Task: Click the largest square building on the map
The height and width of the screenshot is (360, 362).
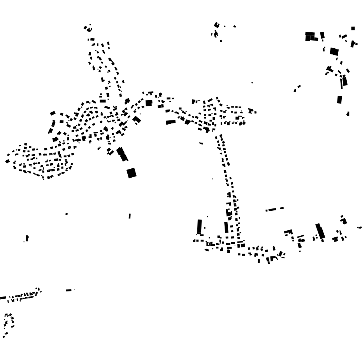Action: pyautogui.click(x=132, y=173)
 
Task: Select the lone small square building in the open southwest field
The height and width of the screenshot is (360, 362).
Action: pyautogui.click(x=67, y=214)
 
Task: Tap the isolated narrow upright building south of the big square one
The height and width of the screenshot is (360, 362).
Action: pyautogui.click(x=130, y=216)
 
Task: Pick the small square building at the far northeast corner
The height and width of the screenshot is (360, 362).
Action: pyautogui.click(x=353, y=28)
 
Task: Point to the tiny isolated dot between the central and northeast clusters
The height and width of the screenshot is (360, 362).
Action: pyautogui.click(x=252, y=83)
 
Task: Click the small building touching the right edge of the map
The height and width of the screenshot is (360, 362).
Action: pyautogui.click(x=359, y=228)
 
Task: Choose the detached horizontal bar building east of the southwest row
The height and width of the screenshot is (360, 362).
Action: pyautogui.click(x=69, y=290)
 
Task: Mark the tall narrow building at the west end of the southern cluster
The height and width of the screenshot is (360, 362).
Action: pyautogui.click(x=199, y=226)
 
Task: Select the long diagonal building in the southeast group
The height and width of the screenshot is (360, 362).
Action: pyautogui.click(x=320, y=231)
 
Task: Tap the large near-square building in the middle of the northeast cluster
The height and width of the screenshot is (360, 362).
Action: pyautogui.click(x=334, y=51)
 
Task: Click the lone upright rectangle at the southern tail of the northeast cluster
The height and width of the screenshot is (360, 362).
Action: pyautogui.click(x=339, y=100)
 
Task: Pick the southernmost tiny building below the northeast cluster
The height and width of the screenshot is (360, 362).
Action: pyautogui.click(x=348, y=114)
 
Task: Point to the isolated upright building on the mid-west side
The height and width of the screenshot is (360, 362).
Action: pyautogui.click(x=27, y=238)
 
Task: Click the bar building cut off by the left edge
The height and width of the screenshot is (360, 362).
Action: pyautogui.click(x=3, y=298)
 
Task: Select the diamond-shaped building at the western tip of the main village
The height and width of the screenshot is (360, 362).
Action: pyautogui.click(x=7, y=161)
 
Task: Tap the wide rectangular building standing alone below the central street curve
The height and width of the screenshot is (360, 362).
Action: pyautogui.click(x=170, y=122)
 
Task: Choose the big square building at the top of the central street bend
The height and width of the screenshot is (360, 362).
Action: pyautogui.click(x=149, y=103)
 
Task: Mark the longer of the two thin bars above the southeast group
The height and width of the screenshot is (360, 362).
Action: pyautogui.click(x=271, y=210)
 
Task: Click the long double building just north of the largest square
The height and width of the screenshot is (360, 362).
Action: pyautogui.click(x=122, y=154)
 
